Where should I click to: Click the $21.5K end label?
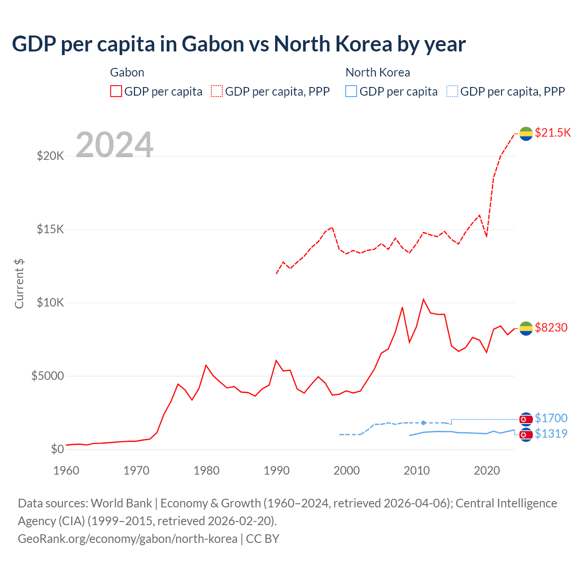[552, 133]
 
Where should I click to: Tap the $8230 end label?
[551, 327]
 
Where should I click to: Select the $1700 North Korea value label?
[551, 418]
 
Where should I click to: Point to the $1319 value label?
[551, 434]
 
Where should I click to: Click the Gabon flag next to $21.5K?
[526, 133]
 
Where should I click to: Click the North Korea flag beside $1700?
[526, 419]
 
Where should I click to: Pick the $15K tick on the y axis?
[51, 229]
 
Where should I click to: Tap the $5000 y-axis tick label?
[47, 376]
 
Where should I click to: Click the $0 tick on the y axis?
[57, 449]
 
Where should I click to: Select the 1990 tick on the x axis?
[276, 470]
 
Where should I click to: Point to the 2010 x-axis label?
[417, 470]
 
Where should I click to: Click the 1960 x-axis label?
[66, 470]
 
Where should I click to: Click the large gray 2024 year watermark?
[114, 145]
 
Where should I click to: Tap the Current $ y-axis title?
[19, 283]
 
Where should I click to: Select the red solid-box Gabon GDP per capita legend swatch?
[116, 91]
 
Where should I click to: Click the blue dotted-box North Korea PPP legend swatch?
[452, 91]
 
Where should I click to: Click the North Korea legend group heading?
[378, 72]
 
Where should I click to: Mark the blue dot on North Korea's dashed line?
[424, 423]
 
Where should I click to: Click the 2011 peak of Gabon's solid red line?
[424, 299]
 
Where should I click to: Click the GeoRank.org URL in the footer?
[128, 538]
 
